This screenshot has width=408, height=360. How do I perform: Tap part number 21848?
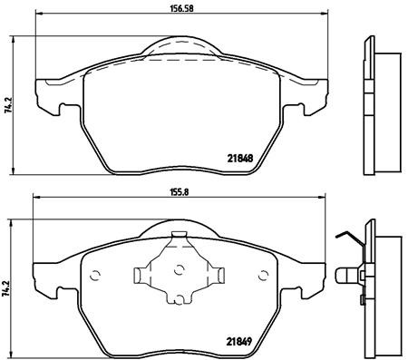(238, 154)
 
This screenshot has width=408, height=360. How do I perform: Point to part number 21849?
(238, 342)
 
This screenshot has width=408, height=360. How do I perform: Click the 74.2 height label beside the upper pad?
(8, 107)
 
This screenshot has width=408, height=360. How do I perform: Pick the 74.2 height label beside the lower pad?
(8, 288)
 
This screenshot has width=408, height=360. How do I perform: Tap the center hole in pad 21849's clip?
(179, 268)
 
